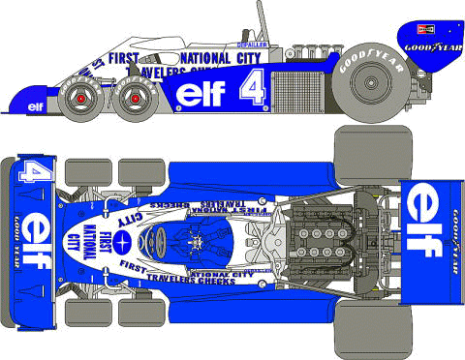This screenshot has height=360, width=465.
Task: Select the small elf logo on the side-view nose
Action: click(37, 105)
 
